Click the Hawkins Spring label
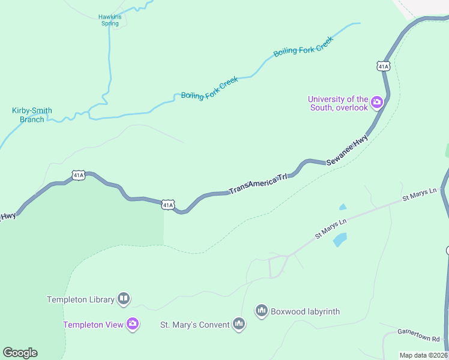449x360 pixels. [x=110, y=20]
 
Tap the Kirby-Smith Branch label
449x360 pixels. [x=32, y=115]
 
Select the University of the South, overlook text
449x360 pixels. [x=337, y=103]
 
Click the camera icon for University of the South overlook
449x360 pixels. [x=377, y=102]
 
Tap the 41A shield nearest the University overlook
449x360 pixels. [x=384, y=65]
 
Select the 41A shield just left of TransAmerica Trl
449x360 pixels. [x=168, y=205]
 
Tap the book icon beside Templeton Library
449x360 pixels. [x=123, y=298]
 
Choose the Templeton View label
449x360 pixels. [x=93, y=325]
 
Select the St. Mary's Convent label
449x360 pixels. [x=194, y=325]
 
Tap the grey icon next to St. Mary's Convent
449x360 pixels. [x=239, y=324]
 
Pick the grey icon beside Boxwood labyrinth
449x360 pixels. [x=261, y=310]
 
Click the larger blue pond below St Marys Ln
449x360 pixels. [x=340, y=240]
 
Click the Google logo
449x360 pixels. [x=20, y=353]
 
